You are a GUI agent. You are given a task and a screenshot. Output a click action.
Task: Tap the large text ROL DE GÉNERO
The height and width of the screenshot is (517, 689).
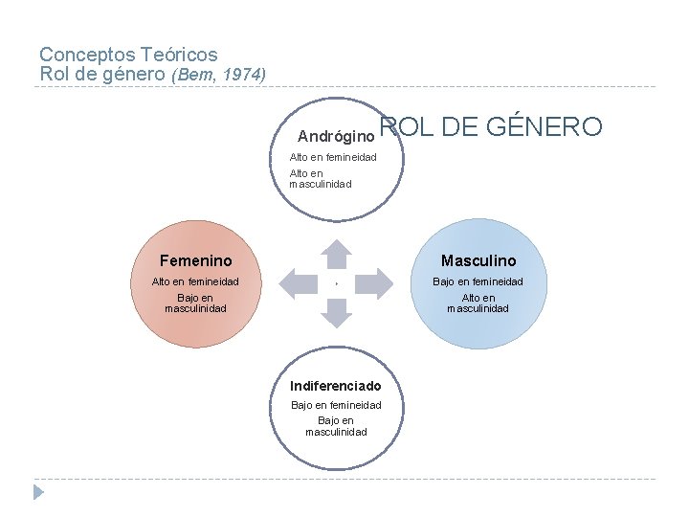tap(491, 127)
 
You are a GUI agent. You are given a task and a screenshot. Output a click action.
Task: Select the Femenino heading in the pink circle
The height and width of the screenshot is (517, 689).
tap(195, 260)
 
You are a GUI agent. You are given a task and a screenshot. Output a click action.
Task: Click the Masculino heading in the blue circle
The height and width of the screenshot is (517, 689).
tap(478, 260)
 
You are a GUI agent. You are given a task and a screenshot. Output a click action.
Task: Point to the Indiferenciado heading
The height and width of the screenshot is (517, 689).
tap(335, 386)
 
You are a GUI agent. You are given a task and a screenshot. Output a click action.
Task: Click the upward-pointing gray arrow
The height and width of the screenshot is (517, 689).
tap(336, 254)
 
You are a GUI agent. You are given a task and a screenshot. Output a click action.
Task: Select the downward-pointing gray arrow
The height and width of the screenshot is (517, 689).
tap(336, 311)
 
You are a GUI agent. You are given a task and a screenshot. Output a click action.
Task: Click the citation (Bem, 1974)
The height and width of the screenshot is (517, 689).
tap(218, 75)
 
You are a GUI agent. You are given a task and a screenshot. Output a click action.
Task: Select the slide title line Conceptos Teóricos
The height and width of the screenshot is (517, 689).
tap(128, 56)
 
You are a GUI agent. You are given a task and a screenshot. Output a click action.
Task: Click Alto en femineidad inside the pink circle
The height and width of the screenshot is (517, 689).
tap(195, 281)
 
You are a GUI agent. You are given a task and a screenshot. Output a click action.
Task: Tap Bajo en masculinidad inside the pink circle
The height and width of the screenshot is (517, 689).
tap(195, 303)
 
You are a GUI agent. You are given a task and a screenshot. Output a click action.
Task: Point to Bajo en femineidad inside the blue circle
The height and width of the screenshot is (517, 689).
tap(478, 281)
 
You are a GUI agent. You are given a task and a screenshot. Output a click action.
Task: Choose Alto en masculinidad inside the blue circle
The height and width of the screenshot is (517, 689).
tap(478, 303)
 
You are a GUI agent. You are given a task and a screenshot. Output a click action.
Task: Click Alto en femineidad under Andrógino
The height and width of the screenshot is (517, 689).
tap(333, 157)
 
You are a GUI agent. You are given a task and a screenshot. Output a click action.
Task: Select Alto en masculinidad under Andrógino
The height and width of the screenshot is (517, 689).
tap(321, 179)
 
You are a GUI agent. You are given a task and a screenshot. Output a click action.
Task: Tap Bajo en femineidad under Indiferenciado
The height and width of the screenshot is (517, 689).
tap(336, 405)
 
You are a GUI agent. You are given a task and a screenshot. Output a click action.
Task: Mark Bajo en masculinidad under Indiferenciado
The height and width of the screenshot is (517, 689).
tap(336, 426)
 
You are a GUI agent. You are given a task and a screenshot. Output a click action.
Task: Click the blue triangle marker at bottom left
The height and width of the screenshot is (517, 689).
tap(38, 492)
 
